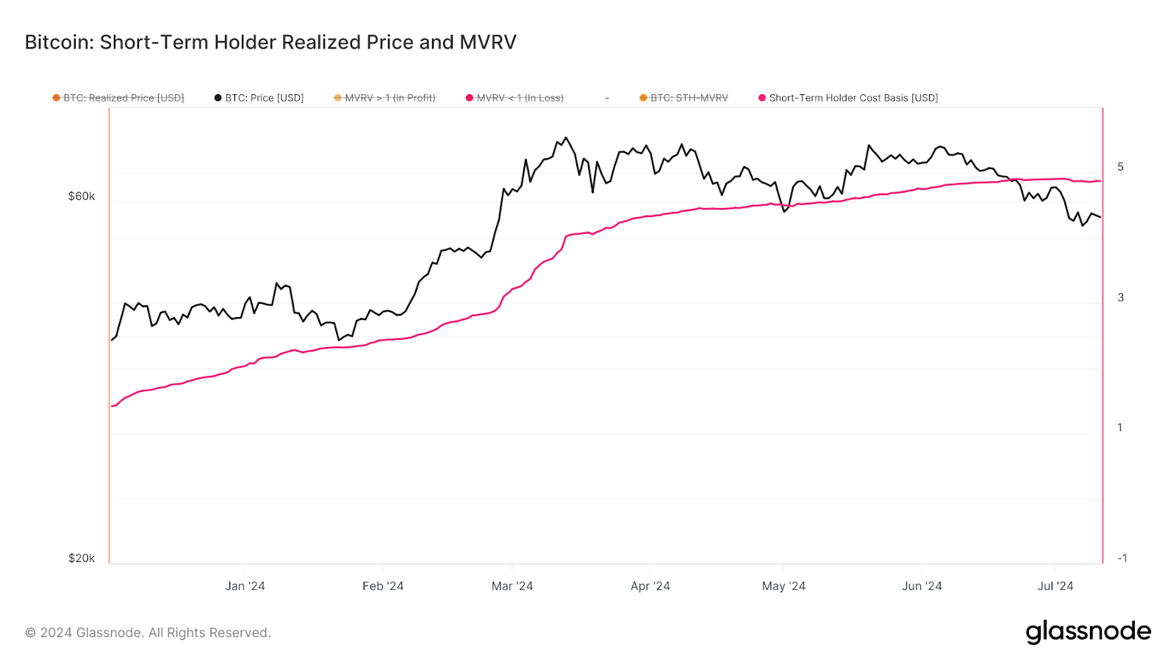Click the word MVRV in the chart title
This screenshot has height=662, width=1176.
(488, 43)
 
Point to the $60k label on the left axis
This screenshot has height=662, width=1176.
(82, 196)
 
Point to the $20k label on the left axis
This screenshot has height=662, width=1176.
(82, 558)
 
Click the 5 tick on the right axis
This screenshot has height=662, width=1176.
(1120, 167)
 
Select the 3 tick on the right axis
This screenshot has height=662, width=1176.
(1120, 297)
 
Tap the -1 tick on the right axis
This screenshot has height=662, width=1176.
(1122, 558)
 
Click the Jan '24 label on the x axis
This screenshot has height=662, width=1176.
(245, 586)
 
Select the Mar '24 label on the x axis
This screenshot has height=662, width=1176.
(512, 586)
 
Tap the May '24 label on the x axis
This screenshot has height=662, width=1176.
(784, 586)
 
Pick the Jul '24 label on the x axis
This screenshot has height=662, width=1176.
(1055, 586)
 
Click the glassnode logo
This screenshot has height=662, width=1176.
(1088, 632)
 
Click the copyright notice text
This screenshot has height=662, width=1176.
(148, 633)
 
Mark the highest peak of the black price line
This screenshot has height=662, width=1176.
(565, 138)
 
